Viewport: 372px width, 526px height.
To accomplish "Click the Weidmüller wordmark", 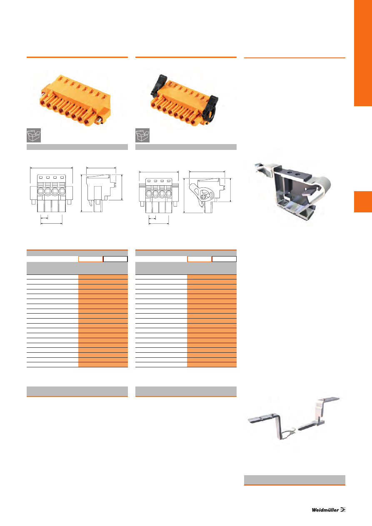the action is coord(325,510).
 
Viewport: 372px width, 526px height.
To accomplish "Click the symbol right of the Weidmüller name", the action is coord(343,510).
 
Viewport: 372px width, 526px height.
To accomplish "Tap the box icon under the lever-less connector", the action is coord(34,135).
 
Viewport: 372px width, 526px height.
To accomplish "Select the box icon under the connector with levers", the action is coord(142,135).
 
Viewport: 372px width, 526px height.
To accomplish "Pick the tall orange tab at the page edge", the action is coord(363,53).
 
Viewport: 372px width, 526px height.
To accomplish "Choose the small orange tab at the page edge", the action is coord(363,202).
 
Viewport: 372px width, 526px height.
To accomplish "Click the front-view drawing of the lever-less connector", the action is coord(51,193).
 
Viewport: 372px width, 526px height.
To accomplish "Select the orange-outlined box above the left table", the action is coord(91,259).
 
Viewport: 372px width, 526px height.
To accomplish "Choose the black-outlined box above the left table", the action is coord(115,259).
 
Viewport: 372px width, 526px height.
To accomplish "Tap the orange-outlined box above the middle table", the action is coord(200,259).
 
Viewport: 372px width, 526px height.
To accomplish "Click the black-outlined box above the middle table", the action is coord(224,259).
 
